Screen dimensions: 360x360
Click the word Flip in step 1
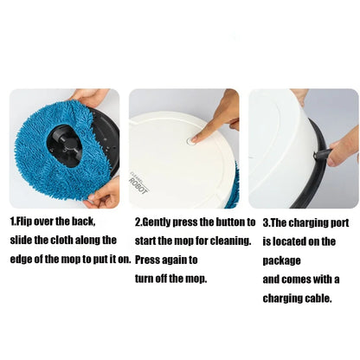[28, 222]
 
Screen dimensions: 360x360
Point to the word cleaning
[226, 241]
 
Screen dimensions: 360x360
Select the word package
[286, 260]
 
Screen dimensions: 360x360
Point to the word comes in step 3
[299, 279]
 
